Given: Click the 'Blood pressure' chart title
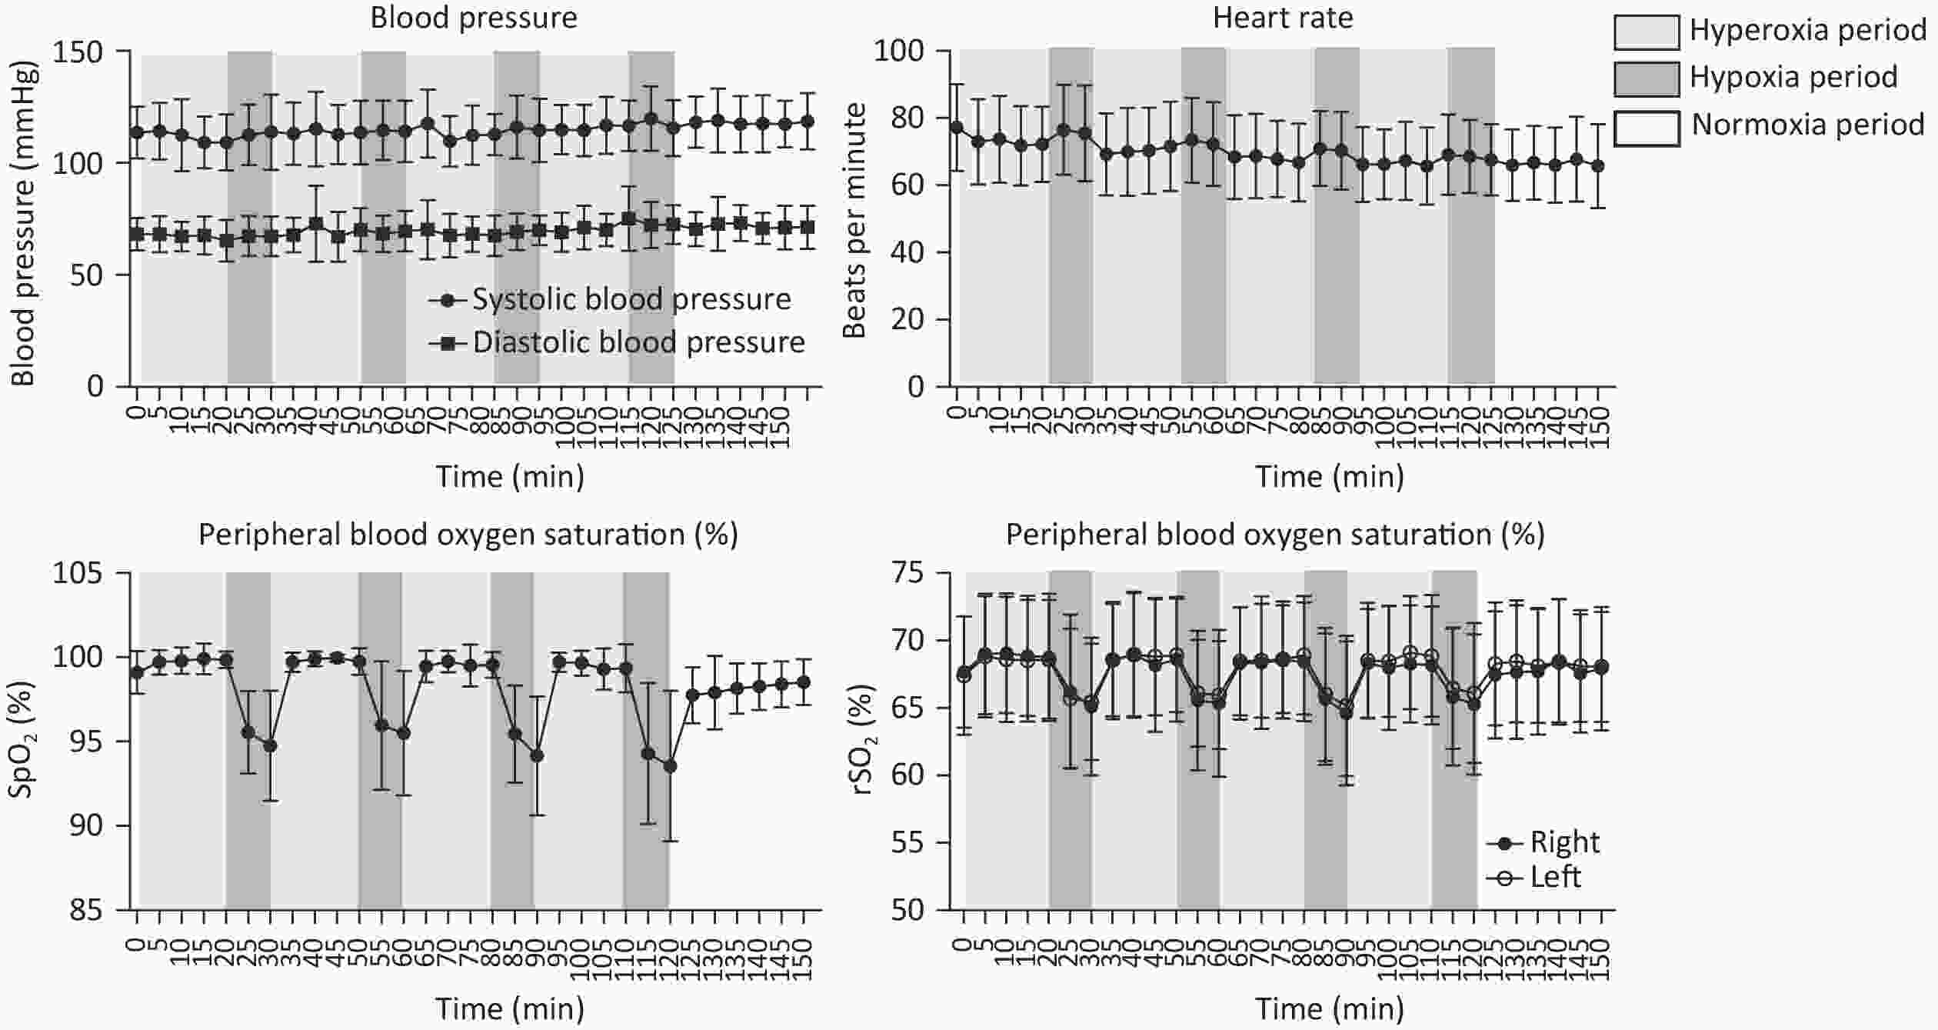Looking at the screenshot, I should [474, 18].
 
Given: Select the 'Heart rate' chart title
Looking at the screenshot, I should [1283, 18].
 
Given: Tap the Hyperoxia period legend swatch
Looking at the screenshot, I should [1646, 31].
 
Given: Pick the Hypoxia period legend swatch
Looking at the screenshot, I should [1646, 78].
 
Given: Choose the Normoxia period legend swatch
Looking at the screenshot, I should [1646, 125].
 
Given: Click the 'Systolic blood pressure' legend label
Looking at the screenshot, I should [631, 299].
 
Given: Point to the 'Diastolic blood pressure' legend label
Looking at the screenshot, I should [638, 342].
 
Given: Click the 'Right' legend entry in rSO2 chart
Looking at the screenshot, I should [1564, 842].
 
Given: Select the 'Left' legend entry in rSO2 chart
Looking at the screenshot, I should [1555, 876].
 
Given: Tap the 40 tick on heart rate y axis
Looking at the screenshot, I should [911, 252].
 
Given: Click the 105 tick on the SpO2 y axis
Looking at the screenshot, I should [78, 573].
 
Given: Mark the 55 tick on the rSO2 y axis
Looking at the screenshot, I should [911, 843].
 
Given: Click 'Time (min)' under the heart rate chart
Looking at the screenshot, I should [1330, 477].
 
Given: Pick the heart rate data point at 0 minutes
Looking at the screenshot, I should [957, 127].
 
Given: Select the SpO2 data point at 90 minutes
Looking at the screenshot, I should [537, 756].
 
